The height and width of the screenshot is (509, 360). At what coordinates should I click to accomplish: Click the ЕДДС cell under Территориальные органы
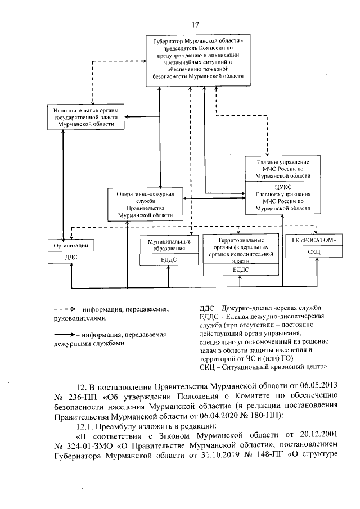click(240, 269)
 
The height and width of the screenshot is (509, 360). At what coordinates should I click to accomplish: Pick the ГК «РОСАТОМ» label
click(314, 241)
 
